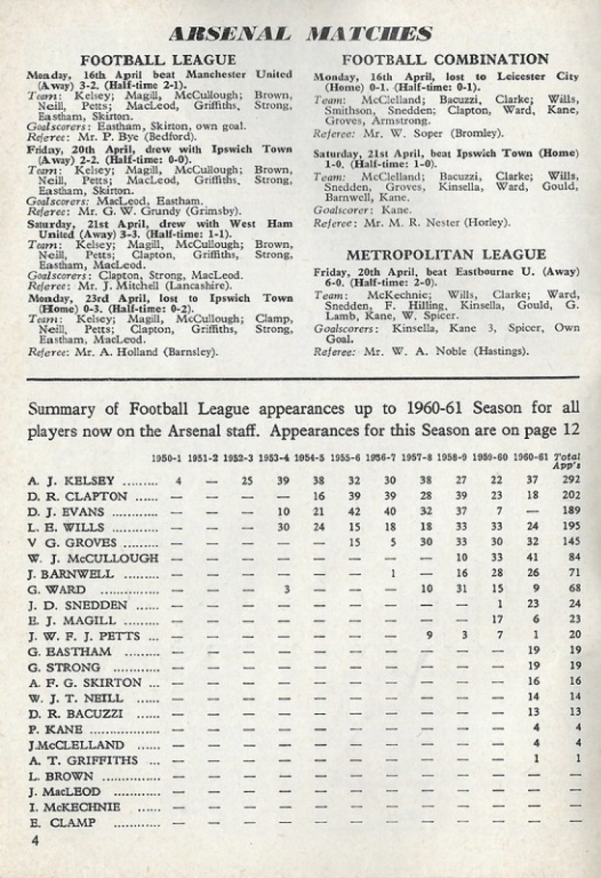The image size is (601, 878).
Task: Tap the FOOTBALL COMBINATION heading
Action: (x=445, y=60)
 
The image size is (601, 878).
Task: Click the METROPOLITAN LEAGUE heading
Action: (x=445, y=255)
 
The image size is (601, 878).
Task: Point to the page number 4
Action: (x=34, y=841)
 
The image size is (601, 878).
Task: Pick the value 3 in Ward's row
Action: (x=285, y=590)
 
